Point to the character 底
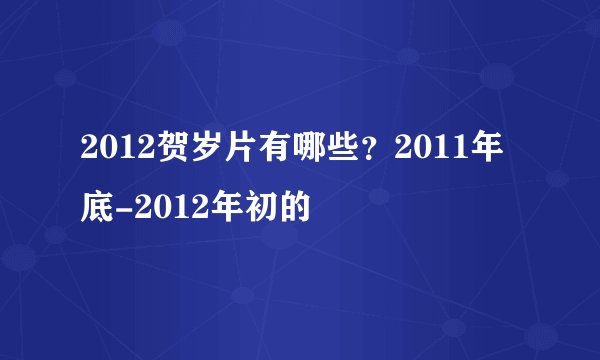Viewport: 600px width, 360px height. tap(99, 208)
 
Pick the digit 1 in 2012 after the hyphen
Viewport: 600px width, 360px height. tap(174, 208)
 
